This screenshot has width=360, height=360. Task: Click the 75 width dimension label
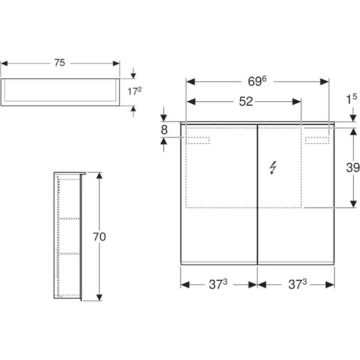click(60, 63)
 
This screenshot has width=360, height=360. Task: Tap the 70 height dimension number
click(99, 237)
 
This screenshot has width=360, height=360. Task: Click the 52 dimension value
click(246, 101)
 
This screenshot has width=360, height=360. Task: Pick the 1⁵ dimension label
click(351, 100)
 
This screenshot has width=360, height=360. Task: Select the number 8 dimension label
click(164, 130)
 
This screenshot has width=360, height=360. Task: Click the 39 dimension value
click(353, 168)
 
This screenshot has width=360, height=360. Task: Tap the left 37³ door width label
click(218, 284)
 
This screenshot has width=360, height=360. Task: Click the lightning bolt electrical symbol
click(272, 168)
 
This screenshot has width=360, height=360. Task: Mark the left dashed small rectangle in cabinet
click(198, 140)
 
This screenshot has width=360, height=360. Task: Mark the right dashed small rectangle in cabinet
click(317, 140)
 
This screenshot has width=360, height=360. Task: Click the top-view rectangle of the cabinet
click(60, 91)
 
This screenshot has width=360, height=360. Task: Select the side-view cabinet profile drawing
click(68, 237)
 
